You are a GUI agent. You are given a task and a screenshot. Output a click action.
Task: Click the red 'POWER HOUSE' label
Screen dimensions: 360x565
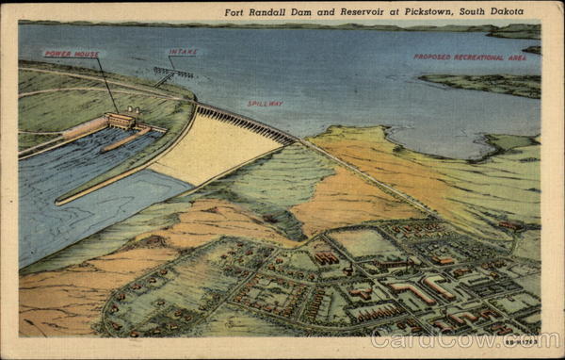pyautogui.click(x=73, y=55)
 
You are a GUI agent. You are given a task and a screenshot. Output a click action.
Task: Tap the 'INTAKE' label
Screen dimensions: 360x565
pyautogui.click(x=183, y=53)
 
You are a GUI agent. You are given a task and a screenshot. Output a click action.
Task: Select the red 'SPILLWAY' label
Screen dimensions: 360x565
pyautogui.click(x=265, y=104)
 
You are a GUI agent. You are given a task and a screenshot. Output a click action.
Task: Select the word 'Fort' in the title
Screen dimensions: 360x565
pyautogui.click(x=236, y=12)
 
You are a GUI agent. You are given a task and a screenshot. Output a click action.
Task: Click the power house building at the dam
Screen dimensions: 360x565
pyautogui.click(x=120, y=121)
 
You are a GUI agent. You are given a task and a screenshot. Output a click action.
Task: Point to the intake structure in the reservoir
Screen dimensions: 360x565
pyautogui.click(x=173, y=72)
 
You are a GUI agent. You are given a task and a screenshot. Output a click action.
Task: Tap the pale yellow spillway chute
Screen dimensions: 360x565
pyautogui.click(x=212, y=151)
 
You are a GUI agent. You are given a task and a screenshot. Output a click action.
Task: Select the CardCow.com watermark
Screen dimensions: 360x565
pyautogui.click(x=477, y=339)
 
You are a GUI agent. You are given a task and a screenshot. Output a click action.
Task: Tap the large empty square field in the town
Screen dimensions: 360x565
pyautogui.click(x=363, y=243)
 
